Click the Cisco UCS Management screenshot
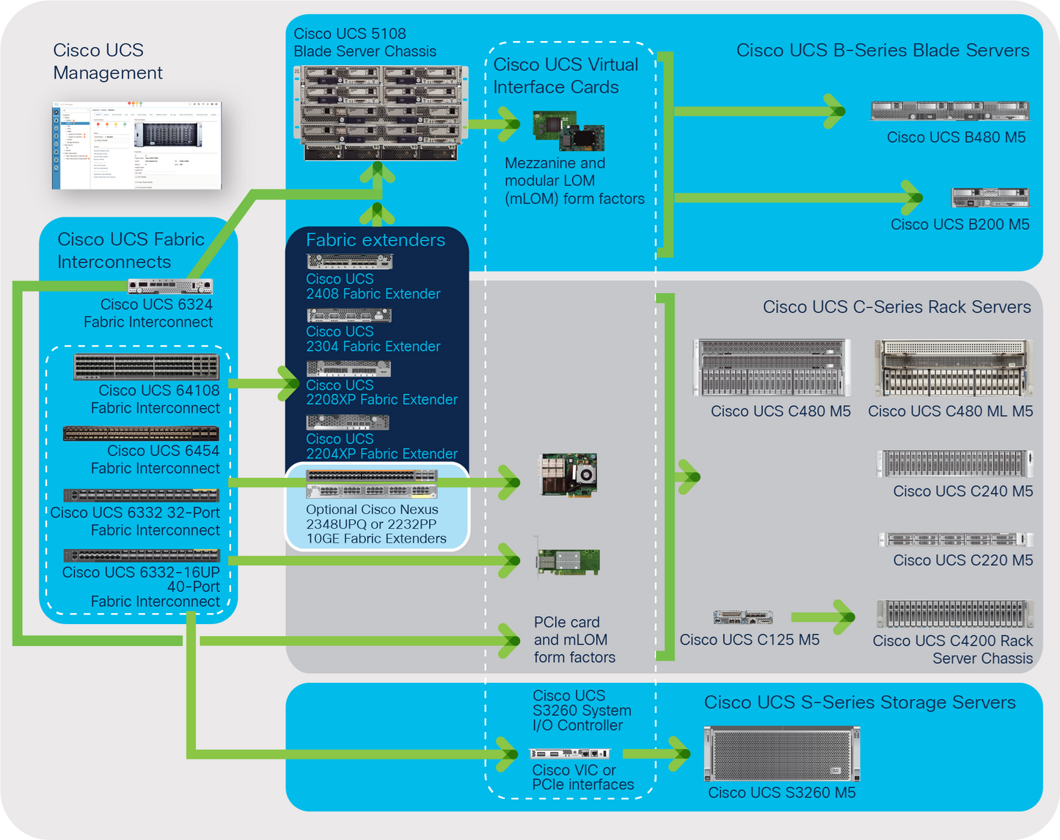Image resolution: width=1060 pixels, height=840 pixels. tap(136, 145)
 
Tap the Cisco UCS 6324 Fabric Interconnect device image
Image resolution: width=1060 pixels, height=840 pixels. tap(170, 286)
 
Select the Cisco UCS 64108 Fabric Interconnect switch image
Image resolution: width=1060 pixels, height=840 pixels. tap(146, 366)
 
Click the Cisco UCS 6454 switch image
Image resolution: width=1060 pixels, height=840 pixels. tap(141, 433)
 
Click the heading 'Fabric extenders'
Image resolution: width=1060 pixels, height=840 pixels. tap(375, 240)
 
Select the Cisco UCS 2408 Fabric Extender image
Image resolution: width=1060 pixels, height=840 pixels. tap(349, 261)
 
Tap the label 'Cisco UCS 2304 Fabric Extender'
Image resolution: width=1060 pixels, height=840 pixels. tap(373, 339)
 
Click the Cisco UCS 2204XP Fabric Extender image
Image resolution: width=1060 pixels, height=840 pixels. tap(347, 422)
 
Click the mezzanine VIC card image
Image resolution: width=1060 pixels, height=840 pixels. tap(569, 131)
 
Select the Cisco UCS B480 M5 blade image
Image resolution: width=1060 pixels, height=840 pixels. tap(949, 111)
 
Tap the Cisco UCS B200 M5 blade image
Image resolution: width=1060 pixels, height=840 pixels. tap(990, 198)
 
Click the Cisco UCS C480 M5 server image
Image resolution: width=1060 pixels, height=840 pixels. tap(772, 368)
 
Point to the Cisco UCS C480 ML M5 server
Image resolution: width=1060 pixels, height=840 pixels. tap(952, 368)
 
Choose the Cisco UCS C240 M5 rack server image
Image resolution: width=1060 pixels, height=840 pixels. tap(954, 464)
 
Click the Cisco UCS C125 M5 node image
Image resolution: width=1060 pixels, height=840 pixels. tap(742, 618)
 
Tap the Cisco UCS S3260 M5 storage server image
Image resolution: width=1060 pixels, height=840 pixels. tap(781, 754)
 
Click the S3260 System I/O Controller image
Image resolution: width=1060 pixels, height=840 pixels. tap(570, 753)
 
